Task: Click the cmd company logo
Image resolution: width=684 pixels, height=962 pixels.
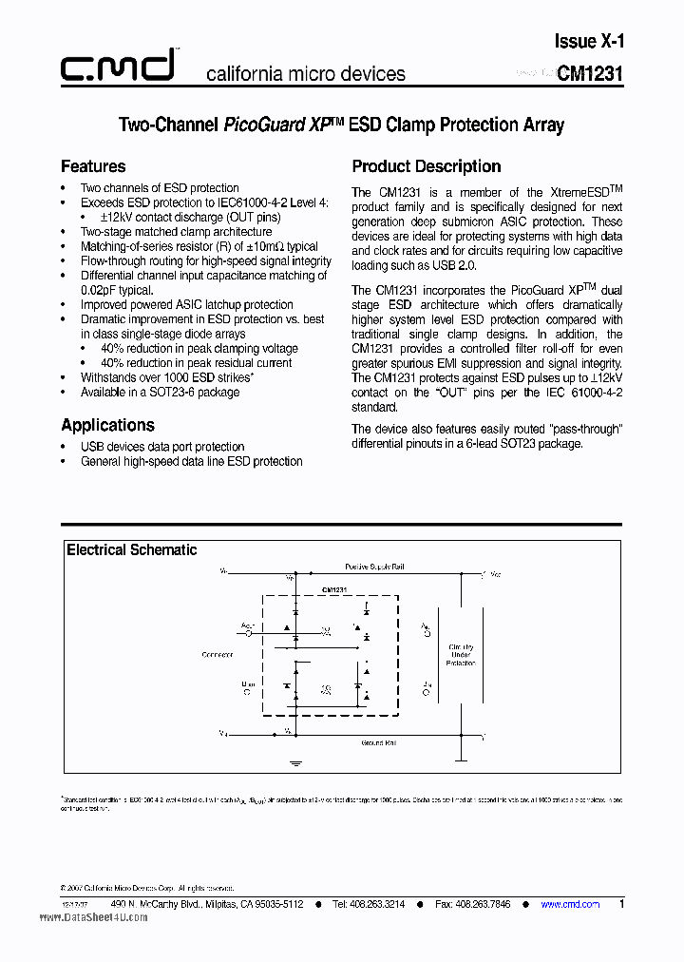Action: [x=118, y=66]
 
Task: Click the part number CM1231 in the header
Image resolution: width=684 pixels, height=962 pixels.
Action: [x=590, y=74]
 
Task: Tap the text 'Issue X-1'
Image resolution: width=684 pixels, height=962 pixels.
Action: [x=589, y=41]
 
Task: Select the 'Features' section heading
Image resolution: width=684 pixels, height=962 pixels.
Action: [x=93, y=166]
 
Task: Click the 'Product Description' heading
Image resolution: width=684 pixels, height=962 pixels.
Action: [x=427, y=166]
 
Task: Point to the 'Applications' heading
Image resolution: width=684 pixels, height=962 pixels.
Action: [x=107, y=425]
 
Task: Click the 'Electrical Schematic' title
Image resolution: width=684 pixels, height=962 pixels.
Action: [x=132, y=549]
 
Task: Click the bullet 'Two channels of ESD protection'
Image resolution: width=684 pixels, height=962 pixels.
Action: [x=160, y=188]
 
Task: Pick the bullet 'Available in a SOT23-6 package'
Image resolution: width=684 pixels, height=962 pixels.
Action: [x=160, y=392]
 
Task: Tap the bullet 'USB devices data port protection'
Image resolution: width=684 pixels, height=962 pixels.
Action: [x=162, y=447]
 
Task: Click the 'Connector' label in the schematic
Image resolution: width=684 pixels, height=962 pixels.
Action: [x=218, y=654]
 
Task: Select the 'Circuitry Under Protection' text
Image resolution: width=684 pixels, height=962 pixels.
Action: [x=462, y=655]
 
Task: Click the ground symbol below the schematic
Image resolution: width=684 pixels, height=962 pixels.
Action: [x=295, y=762]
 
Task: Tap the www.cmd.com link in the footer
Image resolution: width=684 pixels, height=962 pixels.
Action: [x=570, y=904]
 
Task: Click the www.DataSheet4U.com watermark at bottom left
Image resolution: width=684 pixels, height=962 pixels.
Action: [x=94, y=917]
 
